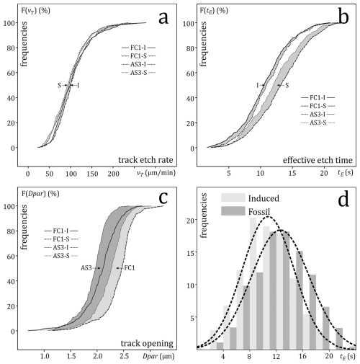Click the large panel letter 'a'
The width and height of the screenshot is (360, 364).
(x=163, y=18)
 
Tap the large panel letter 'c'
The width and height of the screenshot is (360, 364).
(x=163, y=198)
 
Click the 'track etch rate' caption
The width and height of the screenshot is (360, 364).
(x=145, y=160)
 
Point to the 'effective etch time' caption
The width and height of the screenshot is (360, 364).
(x=318, y=160)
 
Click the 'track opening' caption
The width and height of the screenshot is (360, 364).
(x=147, y=344)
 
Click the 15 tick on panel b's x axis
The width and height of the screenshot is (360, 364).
(x=292, y=173)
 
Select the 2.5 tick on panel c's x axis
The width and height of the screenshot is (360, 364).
(x=124, y=356)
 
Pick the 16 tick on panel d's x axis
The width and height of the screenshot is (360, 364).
(x=303, y=356)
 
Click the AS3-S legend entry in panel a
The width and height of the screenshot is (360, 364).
(x=138, y=73)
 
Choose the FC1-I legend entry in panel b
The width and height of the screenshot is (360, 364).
(x=318, y=97)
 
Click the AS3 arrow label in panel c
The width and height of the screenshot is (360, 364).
(x=86, y=268)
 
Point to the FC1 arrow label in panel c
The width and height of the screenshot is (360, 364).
(x=130, y=268)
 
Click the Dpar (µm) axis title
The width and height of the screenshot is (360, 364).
(x=158, y=356)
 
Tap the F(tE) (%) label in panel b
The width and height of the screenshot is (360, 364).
(x=214, y=11)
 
